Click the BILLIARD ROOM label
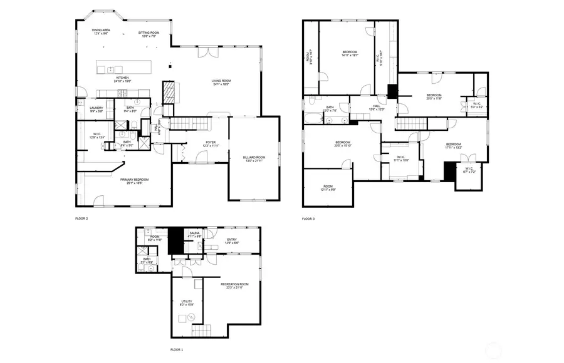coord(254,157)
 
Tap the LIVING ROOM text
coord(221,81)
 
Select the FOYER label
coord(211,142)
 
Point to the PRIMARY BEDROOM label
coord(133,180)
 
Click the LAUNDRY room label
coord(96,108)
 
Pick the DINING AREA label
coord(102,29)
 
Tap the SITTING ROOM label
coord(149,33)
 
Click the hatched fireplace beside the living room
coord(170,93)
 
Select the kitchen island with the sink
coord(123,68)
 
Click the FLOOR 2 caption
coord(81,218)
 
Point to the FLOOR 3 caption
coord(308,218)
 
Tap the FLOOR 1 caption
coord(177,350)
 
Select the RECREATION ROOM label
coord(235,284)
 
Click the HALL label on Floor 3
coord(377,106)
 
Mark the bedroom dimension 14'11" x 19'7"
coord(350,56)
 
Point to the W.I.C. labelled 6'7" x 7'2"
coord(469,170)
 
